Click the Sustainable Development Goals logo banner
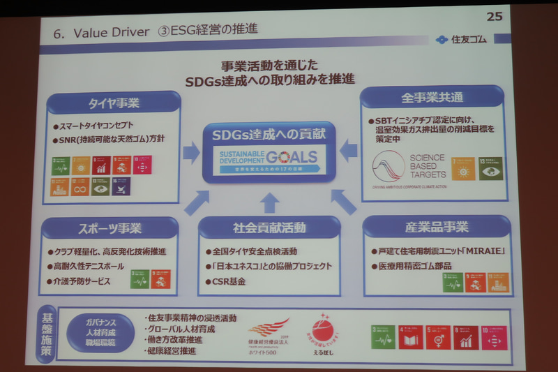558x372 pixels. pos(269,162)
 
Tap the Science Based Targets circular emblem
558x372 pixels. pos(389,167)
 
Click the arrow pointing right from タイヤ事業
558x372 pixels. pos(191,152)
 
